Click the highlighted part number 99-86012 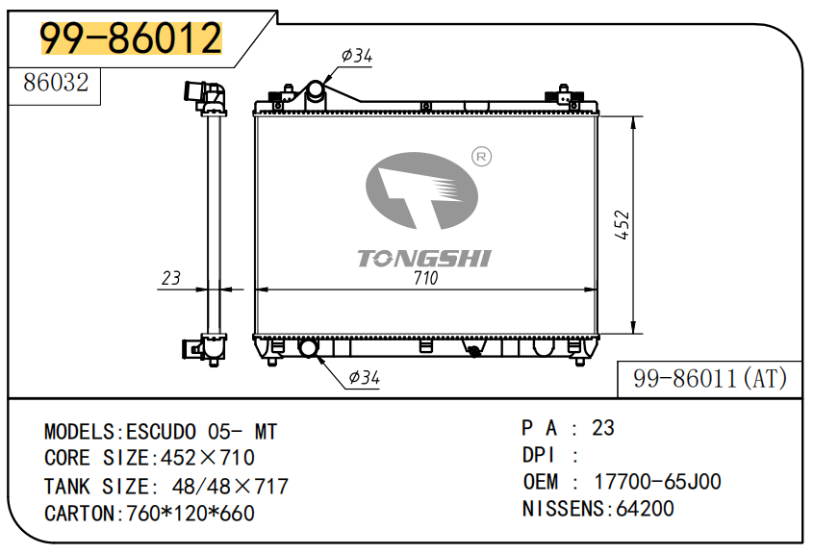tap(131, 38)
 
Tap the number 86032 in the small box tap(56, 83)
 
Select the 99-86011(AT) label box tap(710, 379)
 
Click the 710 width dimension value tap(425, 278)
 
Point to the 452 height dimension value tap(622, 225)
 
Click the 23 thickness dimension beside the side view tap(171, 278)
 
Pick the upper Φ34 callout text tap(357, 55)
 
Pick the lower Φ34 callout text tap(364, 377)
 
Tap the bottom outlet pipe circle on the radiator tap(308, 347)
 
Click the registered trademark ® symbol tap(481, 157)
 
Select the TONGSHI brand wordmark tap(424, 259)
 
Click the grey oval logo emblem tap(421, 190)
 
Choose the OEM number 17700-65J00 tap(657, 482)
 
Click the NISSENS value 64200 tap(645, 509)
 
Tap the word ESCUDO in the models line tap(162, 432)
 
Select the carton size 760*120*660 tap(191, 514)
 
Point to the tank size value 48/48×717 tap(230, 487)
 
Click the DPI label tap(539, 456)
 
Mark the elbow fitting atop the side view tap(205, 97)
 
